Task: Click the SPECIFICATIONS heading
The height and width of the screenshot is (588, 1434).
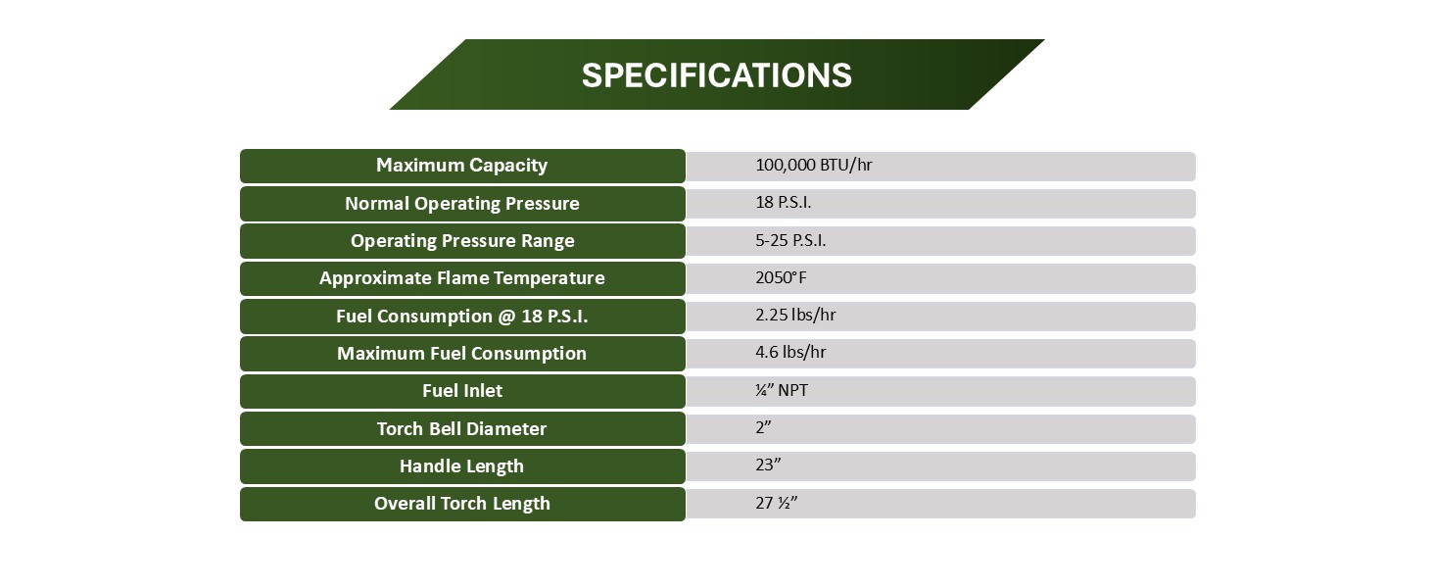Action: pos(716,75)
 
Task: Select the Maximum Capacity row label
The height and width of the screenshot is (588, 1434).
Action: pos(461,166)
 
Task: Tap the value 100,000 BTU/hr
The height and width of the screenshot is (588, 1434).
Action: pos(813,166)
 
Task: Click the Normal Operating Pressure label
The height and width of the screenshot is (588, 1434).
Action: pos(461,204)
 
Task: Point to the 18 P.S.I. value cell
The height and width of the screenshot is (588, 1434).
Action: pos(783,204)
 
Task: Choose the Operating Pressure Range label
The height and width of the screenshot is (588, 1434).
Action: pos(461,241)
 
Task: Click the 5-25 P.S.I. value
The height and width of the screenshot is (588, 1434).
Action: pos(790,241)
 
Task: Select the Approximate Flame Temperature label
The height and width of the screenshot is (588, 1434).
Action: pos(461,278)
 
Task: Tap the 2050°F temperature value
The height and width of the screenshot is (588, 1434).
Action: pos(781,278)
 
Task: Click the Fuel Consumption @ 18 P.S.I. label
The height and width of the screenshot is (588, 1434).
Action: pos(461,317)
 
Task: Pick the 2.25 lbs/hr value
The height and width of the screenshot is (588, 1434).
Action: pos(795,316)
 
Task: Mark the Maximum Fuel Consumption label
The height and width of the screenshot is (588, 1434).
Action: pos(461,354)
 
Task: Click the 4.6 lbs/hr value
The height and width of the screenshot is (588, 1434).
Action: pos(790,353)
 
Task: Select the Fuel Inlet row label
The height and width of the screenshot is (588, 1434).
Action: pos(461,391)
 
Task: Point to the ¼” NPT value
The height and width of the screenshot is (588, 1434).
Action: pos(782,391)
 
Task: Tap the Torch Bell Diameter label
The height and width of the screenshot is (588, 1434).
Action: pos(461,429)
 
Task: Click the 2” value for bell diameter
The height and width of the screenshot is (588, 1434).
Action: pos(764,428)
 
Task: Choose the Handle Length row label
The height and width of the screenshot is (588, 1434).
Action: pos(461,466)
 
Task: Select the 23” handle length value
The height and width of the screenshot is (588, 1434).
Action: pos(768,465)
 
